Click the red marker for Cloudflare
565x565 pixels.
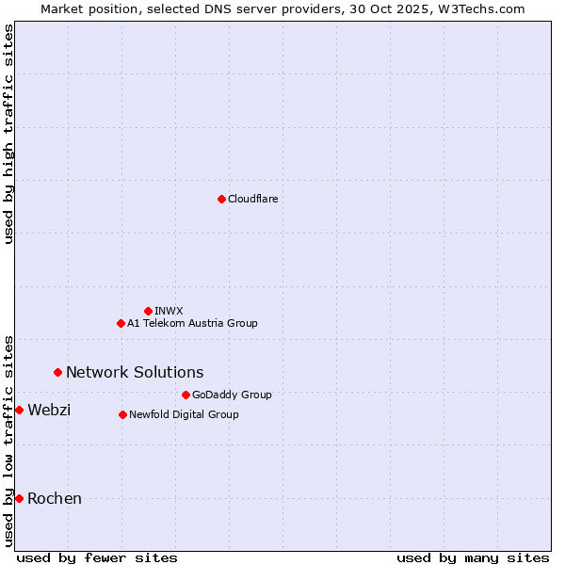tap(221, 199)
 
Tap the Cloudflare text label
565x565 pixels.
tap(252, 199)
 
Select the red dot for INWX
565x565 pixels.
tap(148, 311)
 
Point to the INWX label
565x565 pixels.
tap(169, 311)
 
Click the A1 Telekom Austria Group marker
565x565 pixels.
tap(121, 323)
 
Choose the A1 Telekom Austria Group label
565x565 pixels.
tap(192, 323)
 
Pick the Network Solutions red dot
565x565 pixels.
tap(57, 372)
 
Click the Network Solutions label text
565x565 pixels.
tap(135, 372)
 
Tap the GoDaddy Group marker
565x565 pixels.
tap(186, 395)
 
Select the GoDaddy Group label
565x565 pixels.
tap(232, 395)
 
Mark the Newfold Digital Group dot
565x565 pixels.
tap(122, 414)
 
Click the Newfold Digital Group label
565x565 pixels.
tap(184, 414)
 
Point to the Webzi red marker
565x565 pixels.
tap(19, 410)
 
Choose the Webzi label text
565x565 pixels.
tap(49, 410)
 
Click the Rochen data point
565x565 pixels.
tap(19, 498)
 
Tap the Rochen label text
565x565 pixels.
tap(55, 498)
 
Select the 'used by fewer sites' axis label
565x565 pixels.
tap(97, 557)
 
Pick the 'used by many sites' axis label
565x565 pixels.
tap(473, 557)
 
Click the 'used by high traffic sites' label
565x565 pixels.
tap(8, 134)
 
